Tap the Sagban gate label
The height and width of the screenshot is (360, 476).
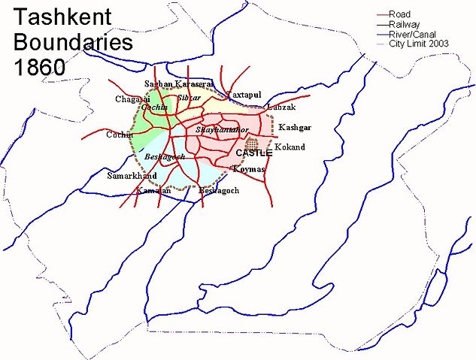(x=158, y=84)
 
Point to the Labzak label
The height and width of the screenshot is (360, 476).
(x=280, y=109)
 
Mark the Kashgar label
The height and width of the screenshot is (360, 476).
(x=294, y=128)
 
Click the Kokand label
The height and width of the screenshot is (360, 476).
(x=290, y=147)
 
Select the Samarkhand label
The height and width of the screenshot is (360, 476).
(x=132, y=176)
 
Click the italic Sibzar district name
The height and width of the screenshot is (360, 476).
(x=189, y=98)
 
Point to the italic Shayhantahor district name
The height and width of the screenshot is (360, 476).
(x=221, y=130)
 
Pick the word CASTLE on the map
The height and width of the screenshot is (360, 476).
(x=253, y=153)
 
